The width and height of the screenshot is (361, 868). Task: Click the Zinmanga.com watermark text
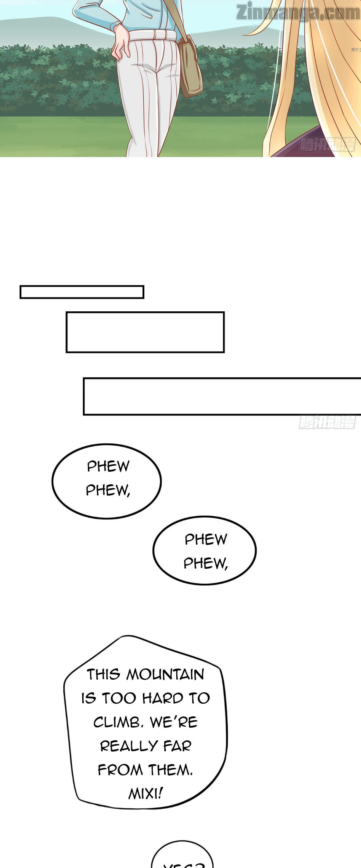(298, 12)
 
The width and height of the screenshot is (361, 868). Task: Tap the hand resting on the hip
(121, 42)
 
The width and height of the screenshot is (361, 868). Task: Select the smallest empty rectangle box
(82, 292)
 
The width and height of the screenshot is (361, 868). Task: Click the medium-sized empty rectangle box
(145, 332)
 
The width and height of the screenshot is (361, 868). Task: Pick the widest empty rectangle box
(222, 396)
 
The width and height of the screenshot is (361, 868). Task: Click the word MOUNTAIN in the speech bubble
(165, 675)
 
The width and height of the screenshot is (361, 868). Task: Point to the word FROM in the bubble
(120, 770)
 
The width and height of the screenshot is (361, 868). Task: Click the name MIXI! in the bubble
(146, 794)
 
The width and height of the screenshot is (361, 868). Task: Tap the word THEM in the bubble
(170, 770)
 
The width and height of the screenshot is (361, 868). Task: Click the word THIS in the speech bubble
(103, 675)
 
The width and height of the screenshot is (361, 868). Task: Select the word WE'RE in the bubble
(174, 722)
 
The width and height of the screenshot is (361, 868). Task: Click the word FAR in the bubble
(177, 746)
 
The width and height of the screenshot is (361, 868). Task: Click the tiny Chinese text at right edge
(356, 50)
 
